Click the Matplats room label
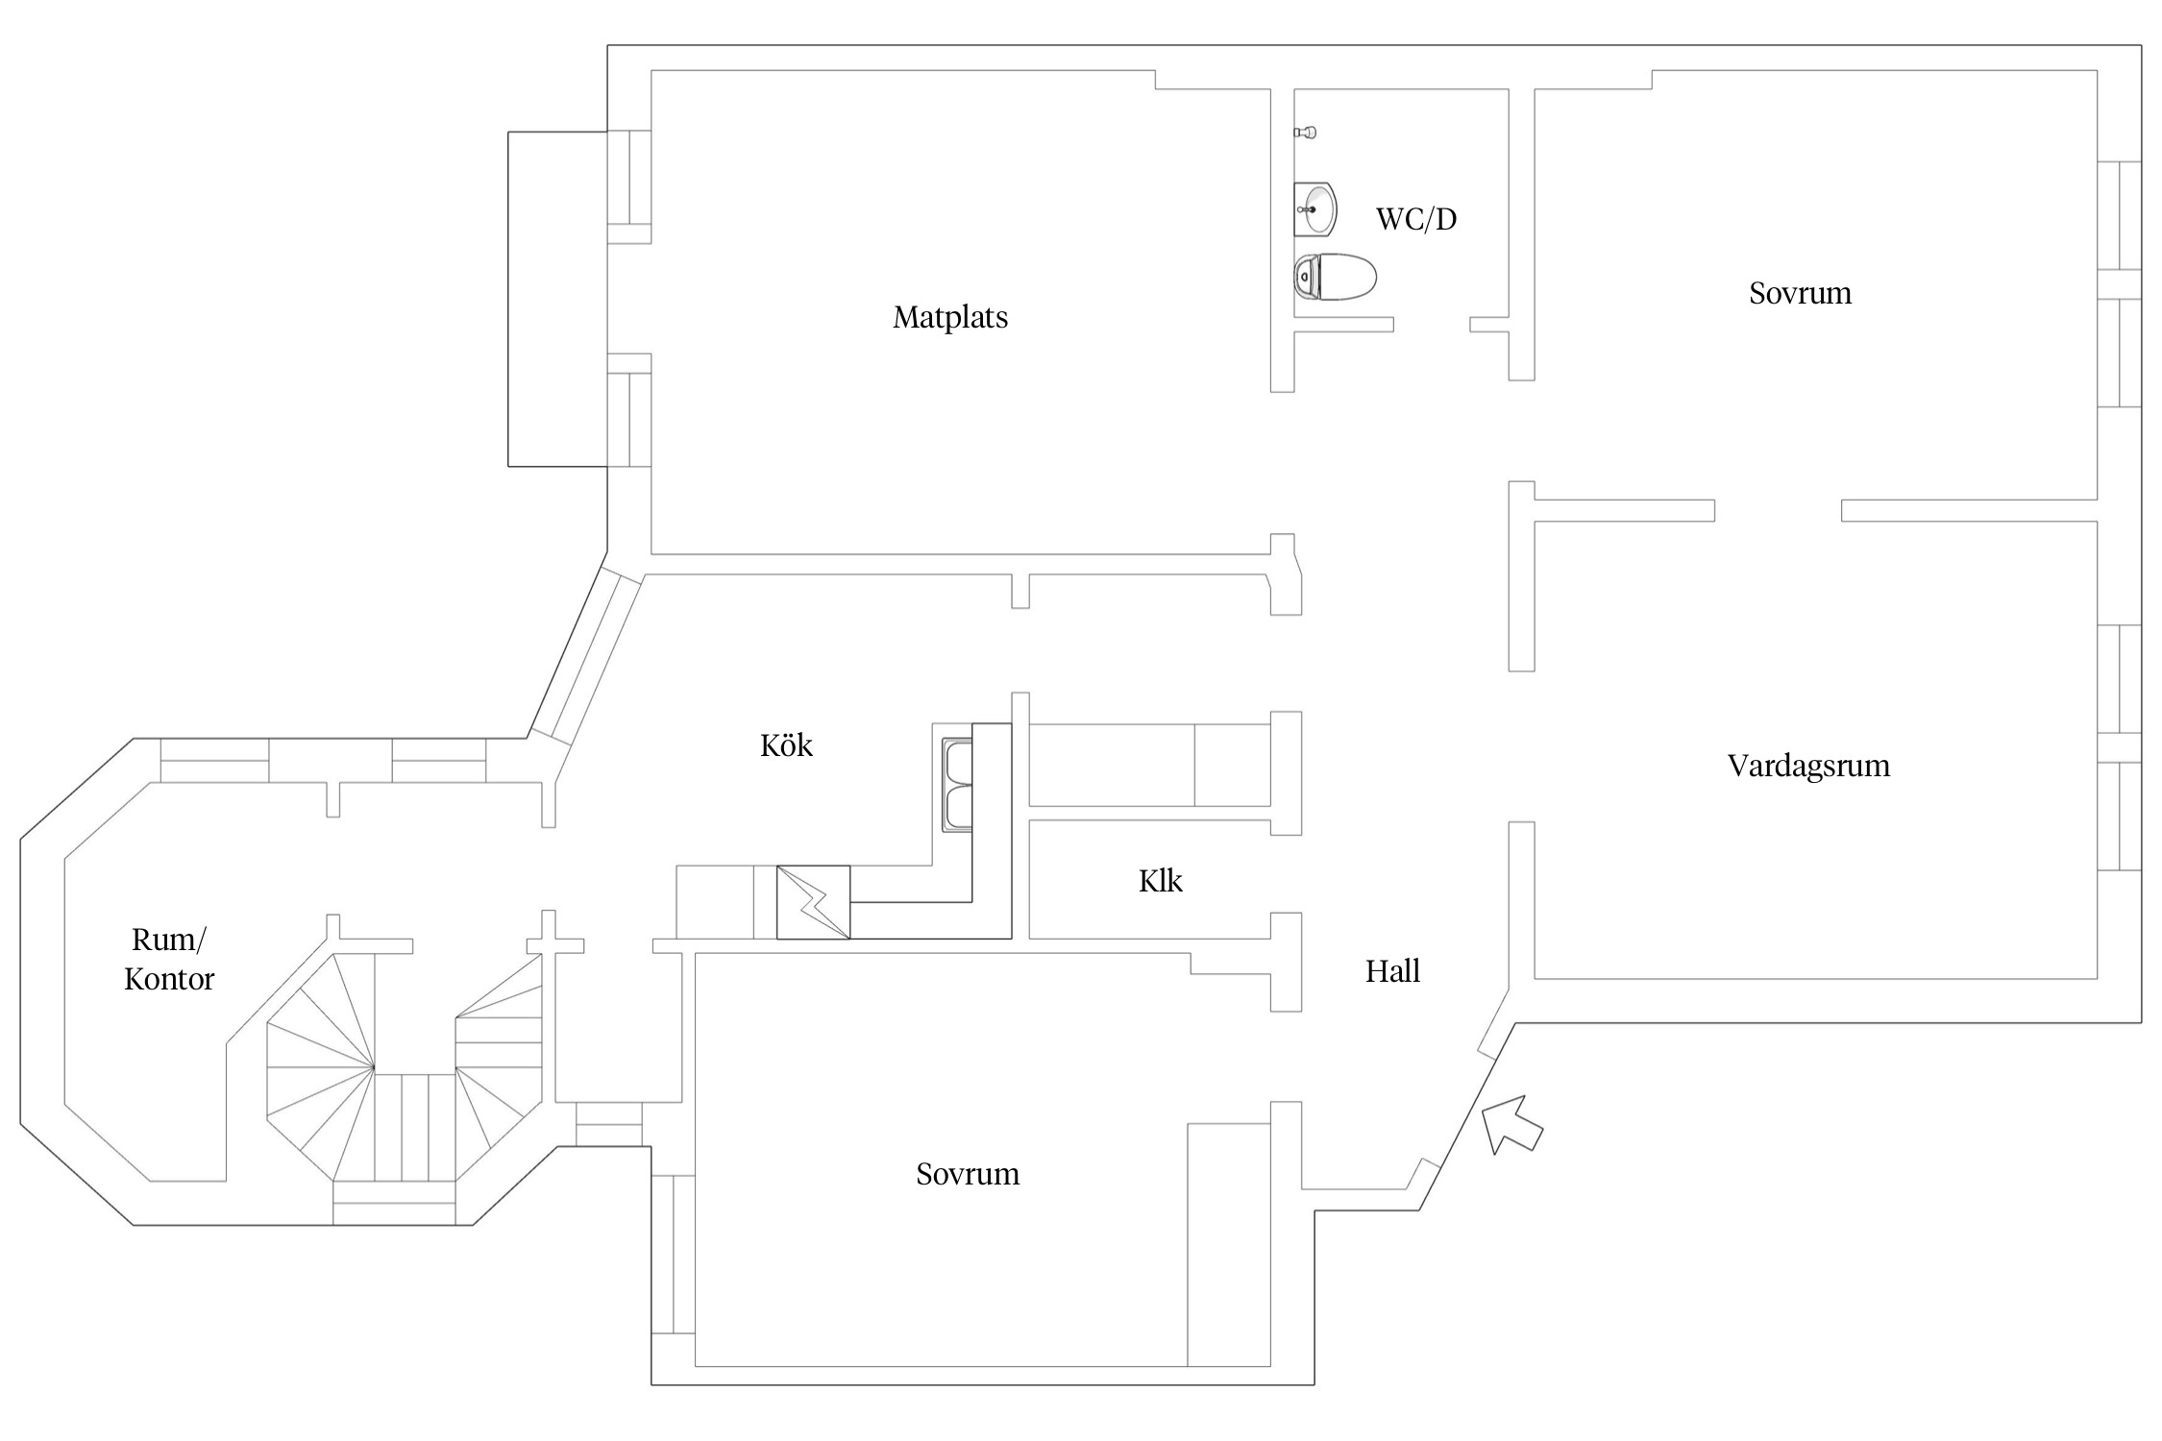tap(950, 317)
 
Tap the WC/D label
tap(1415, 219)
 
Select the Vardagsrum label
tap(1808, 766)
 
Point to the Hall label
tap(1392, 971)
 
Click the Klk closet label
tap(1160, 881)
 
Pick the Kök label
tap(786, 745)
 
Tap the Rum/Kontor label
tap(169, 959)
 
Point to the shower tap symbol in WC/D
tap(1305, 132)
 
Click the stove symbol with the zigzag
tap(813, 902)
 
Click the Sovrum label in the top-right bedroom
tap(1800, 293)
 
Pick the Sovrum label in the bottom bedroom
tap(967, 1174)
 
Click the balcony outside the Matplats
tap(557, 299)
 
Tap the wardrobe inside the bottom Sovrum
tap(1228, 1244)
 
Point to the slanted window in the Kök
tap(586, 659)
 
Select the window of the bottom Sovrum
tap(673, 1254)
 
